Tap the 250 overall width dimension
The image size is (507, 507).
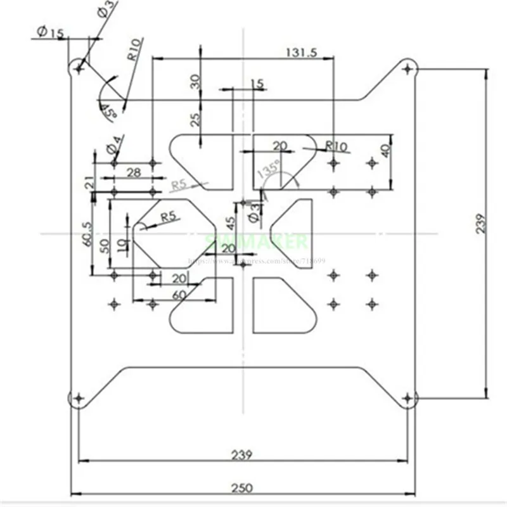pos(241,487)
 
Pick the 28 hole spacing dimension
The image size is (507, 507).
pos(132,172)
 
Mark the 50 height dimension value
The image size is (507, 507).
pos(113,245)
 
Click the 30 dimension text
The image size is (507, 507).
pos(195,80)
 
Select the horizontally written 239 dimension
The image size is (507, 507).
pos(241,454)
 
